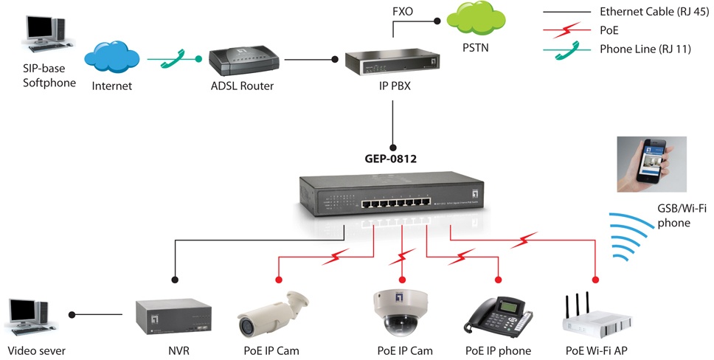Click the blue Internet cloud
pyautogui.click(x=112, y=58)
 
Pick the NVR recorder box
pyautogui.click(x=174, y=315)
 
